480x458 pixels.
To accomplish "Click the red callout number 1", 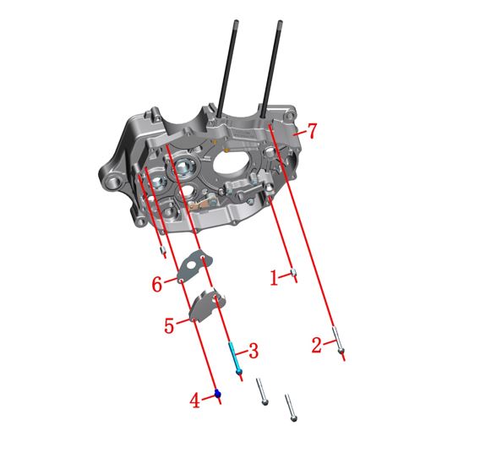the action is click(275, 278).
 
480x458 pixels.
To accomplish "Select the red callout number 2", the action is click(317, 345).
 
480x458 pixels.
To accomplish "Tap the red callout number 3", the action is click(254, 350).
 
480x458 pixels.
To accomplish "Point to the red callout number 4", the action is click(194, 401).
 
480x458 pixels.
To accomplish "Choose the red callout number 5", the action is click(169, 325).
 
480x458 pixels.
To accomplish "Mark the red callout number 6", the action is click(156, 285).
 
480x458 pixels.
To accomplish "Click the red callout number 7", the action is click(312, 131).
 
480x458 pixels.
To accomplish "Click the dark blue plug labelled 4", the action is click(218, 393).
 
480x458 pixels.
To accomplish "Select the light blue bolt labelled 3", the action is click(235, 357).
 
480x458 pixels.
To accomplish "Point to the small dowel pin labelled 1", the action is click(293, 272).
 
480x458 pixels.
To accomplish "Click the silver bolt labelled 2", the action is click(338, 340).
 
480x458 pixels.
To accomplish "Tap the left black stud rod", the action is click(227, 68).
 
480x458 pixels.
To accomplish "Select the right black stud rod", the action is click(271, 68).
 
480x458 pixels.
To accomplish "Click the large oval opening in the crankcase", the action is click(231, 161).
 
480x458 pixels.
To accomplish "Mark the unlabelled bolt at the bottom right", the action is click(291, 408).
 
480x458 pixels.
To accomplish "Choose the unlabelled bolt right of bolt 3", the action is click(262, 391).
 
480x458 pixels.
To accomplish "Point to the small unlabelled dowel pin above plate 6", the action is click(163, 251).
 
